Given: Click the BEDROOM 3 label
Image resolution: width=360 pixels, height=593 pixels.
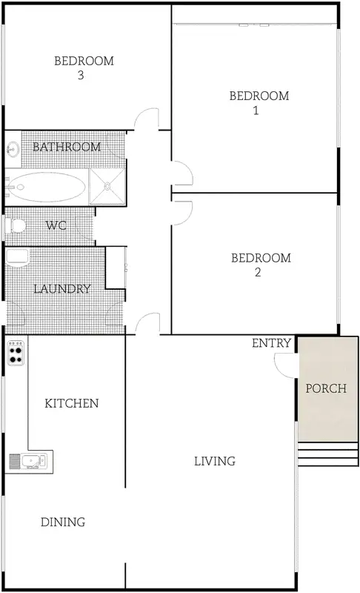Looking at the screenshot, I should pyautogui.click(x=84, y=67).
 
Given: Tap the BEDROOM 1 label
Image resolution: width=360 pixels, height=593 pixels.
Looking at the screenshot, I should pyautogui.click(x=259, y=102).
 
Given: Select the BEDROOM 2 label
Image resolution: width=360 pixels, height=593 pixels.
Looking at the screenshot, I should pyautogui.click(x=261, y=265).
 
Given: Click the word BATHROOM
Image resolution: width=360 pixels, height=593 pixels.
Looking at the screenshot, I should pyautogui.click(x=66, y=147).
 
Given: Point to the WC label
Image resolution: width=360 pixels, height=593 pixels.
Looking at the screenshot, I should pyautogui.click(x=56, y=225).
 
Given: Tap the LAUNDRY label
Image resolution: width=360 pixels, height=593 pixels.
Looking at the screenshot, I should pyautogui.click(x=63, y=289).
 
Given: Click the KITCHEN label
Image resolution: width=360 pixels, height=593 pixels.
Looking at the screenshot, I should pyautogui.click(x=72, y=403).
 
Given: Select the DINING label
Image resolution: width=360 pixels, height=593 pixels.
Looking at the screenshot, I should pyautogui.click(x=63, y=522).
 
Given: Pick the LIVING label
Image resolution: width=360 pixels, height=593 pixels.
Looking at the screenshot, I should pyautogui.click(x=214, y=461).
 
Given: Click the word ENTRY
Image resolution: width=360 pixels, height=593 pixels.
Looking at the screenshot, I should pyautogui.click(x=271, y=343).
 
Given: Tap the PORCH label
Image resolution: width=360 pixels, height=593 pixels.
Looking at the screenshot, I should pyautogui.click(x=325, y=388).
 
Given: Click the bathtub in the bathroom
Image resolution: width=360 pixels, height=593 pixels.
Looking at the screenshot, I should pyautogui.click(x=46, y=186).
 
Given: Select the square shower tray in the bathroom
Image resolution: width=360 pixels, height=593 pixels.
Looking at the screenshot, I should pyautogui.click(x=107, y=185).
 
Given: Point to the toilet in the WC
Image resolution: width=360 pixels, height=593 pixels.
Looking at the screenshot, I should pyautogui.click(x=16, y=225).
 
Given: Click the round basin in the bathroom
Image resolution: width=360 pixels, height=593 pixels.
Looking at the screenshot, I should pyautogui.click(x=13, y=149).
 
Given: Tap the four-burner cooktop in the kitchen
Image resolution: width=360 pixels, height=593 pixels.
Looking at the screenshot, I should pyautogui.click(x=16, y=357).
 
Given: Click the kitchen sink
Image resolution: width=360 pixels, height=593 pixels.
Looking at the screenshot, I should pyautogui.click(x=28, y=461).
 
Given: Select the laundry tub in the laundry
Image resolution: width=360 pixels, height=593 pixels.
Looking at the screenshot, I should pyautogui.click(x=16, y=259).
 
